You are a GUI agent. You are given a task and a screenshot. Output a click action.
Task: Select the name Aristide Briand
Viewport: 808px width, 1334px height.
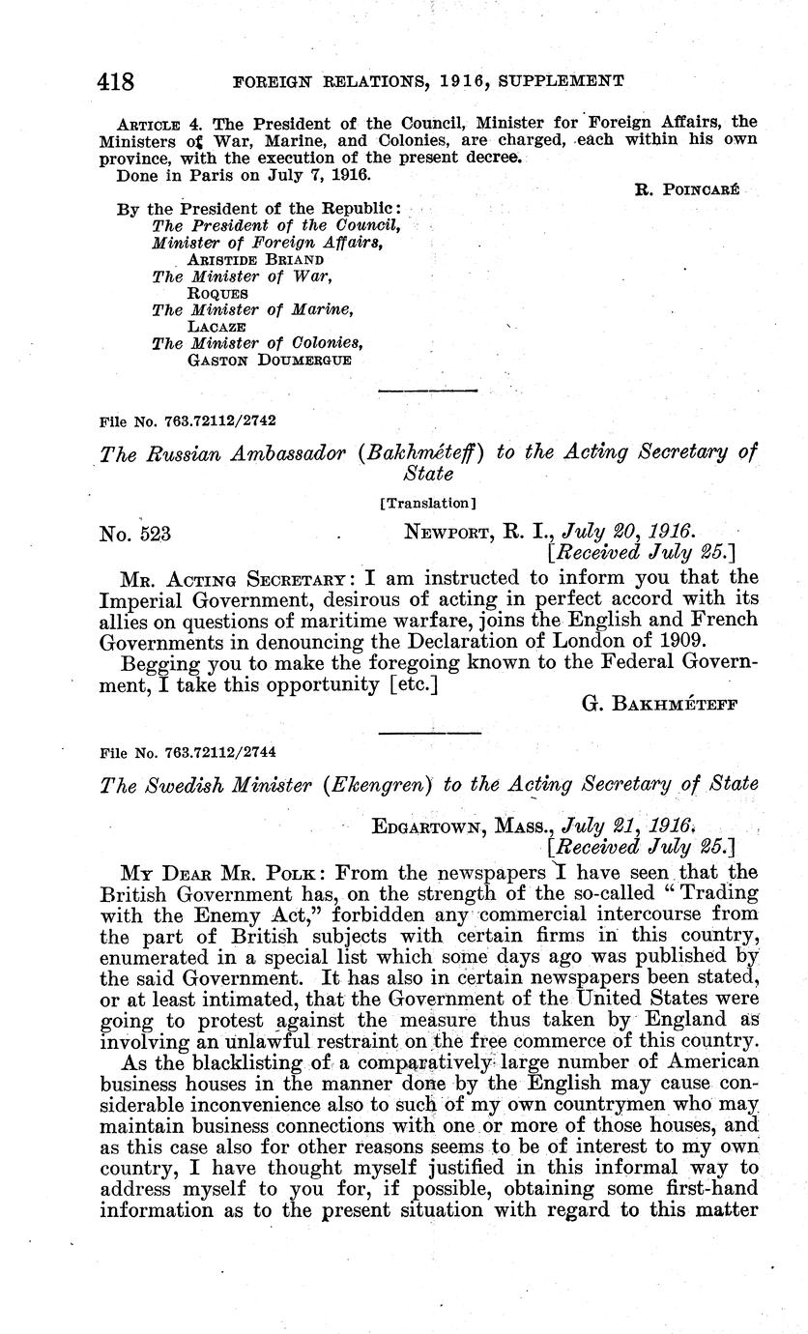coord(255,259)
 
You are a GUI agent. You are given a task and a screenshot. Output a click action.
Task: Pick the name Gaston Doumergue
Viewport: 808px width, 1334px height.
coord(269,360)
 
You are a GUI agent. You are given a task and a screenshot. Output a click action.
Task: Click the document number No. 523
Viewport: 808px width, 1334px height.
coord(136,533)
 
